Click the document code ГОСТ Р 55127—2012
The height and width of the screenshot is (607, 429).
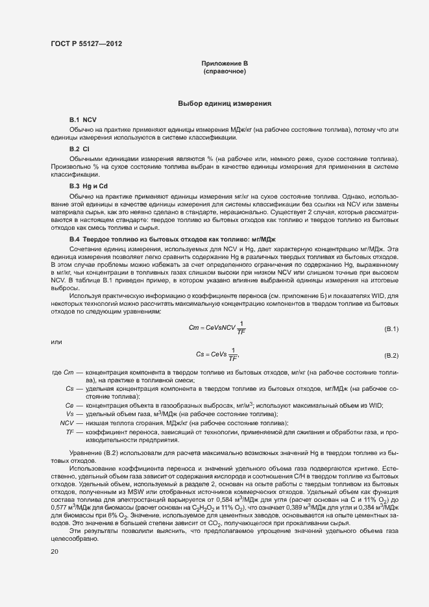(86, 44)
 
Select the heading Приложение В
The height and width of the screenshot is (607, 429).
(225, 63)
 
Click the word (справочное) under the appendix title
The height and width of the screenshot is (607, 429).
(225, 71)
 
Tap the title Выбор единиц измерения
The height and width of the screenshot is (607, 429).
(225, 104)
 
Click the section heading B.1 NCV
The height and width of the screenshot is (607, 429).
(83, 120)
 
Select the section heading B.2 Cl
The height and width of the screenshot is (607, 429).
(79, 150)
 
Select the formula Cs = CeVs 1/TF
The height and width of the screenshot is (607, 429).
(217, 354)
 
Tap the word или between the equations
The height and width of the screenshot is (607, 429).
(56, 341)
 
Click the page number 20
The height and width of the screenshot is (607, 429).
(55, 551)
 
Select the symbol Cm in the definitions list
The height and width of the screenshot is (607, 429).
(71, 372)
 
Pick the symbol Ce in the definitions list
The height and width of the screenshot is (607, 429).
(70, 406)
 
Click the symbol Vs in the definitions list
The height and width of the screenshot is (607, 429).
(70, 414)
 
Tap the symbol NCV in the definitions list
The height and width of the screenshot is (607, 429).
(67, 423)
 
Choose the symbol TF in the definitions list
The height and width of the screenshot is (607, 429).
(70, 432)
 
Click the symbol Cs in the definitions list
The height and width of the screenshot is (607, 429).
(70, 388)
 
